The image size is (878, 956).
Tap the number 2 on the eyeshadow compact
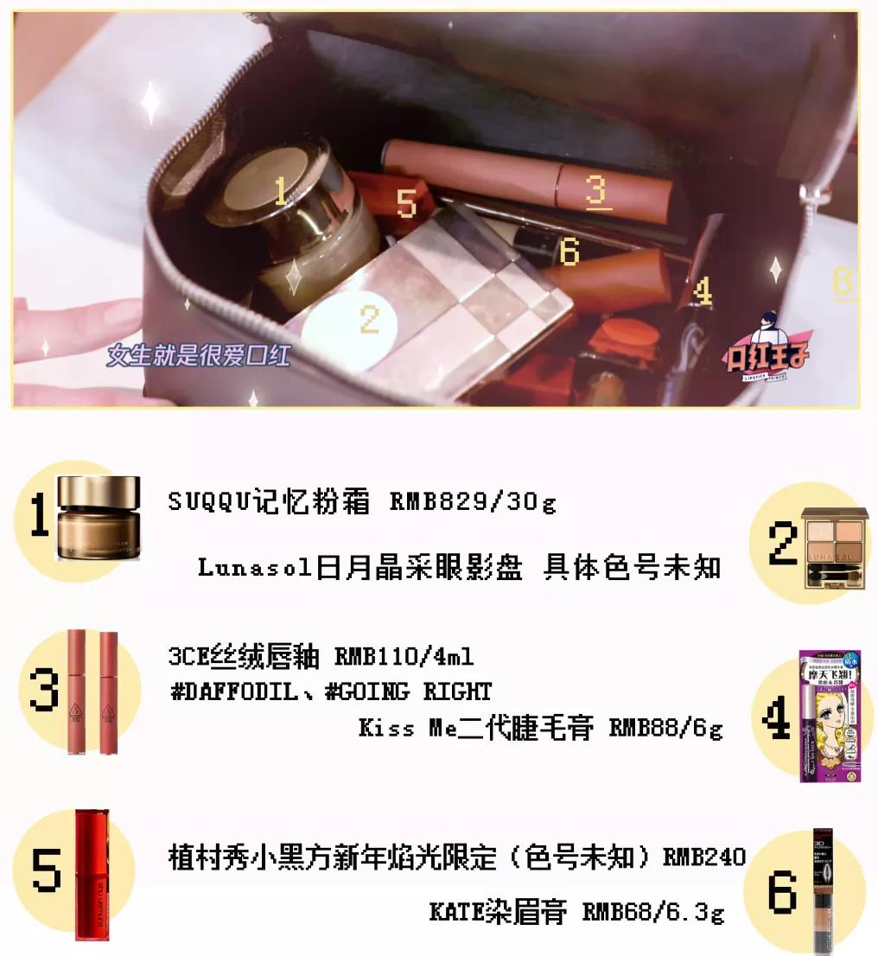click(370, 319)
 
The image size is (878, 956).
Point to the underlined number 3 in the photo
click(596, 190)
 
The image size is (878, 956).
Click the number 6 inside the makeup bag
click(569, 252)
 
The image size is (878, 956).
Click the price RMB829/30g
click(473, 502)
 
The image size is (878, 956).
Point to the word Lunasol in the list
click(253, 568)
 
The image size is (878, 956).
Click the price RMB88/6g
click(665, 728)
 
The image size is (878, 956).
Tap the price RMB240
click(703, 857)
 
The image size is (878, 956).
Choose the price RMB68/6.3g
click(653, 912)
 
